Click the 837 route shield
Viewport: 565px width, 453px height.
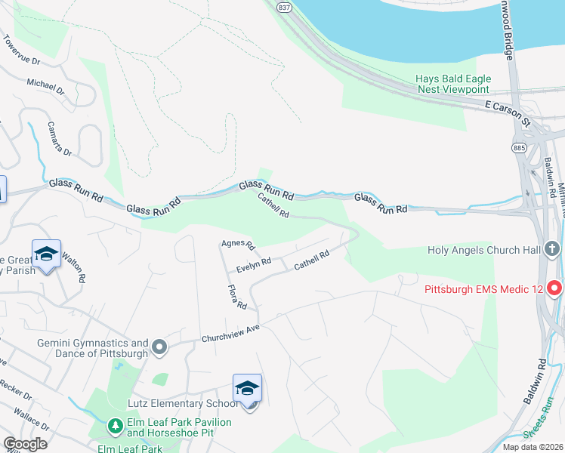coord(283,7)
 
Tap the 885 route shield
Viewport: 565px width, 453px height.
coord(518,146)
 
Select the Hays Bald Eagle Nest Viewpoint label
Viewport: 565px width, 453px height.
coord(453,84)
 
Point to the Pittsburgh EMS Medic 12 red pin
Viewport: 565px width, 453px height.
coord(555,288)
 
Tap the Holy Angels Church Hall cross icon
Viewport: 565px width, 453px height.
coord(552,249)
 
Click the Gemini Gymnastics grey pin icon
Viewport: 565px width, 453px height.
coord(159,347)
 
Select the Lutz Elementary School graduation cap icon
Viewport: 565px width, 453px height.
coord(247,388)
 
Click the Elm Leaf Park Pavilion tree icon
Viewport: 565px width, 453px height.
coord(116,427)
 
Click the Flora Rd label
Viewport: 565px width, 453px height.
coord(237,297)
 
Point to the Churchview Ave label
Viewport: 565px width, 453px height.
coord(230,335)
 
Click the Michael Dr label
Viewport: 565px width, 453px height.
coord(46,87)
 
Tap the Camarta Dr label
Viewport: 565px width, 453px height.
coord(59,139)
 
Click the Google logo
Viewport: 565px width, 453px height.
coord(24,444)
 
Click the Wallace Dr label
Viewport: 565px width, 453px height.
coord(31,418)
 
